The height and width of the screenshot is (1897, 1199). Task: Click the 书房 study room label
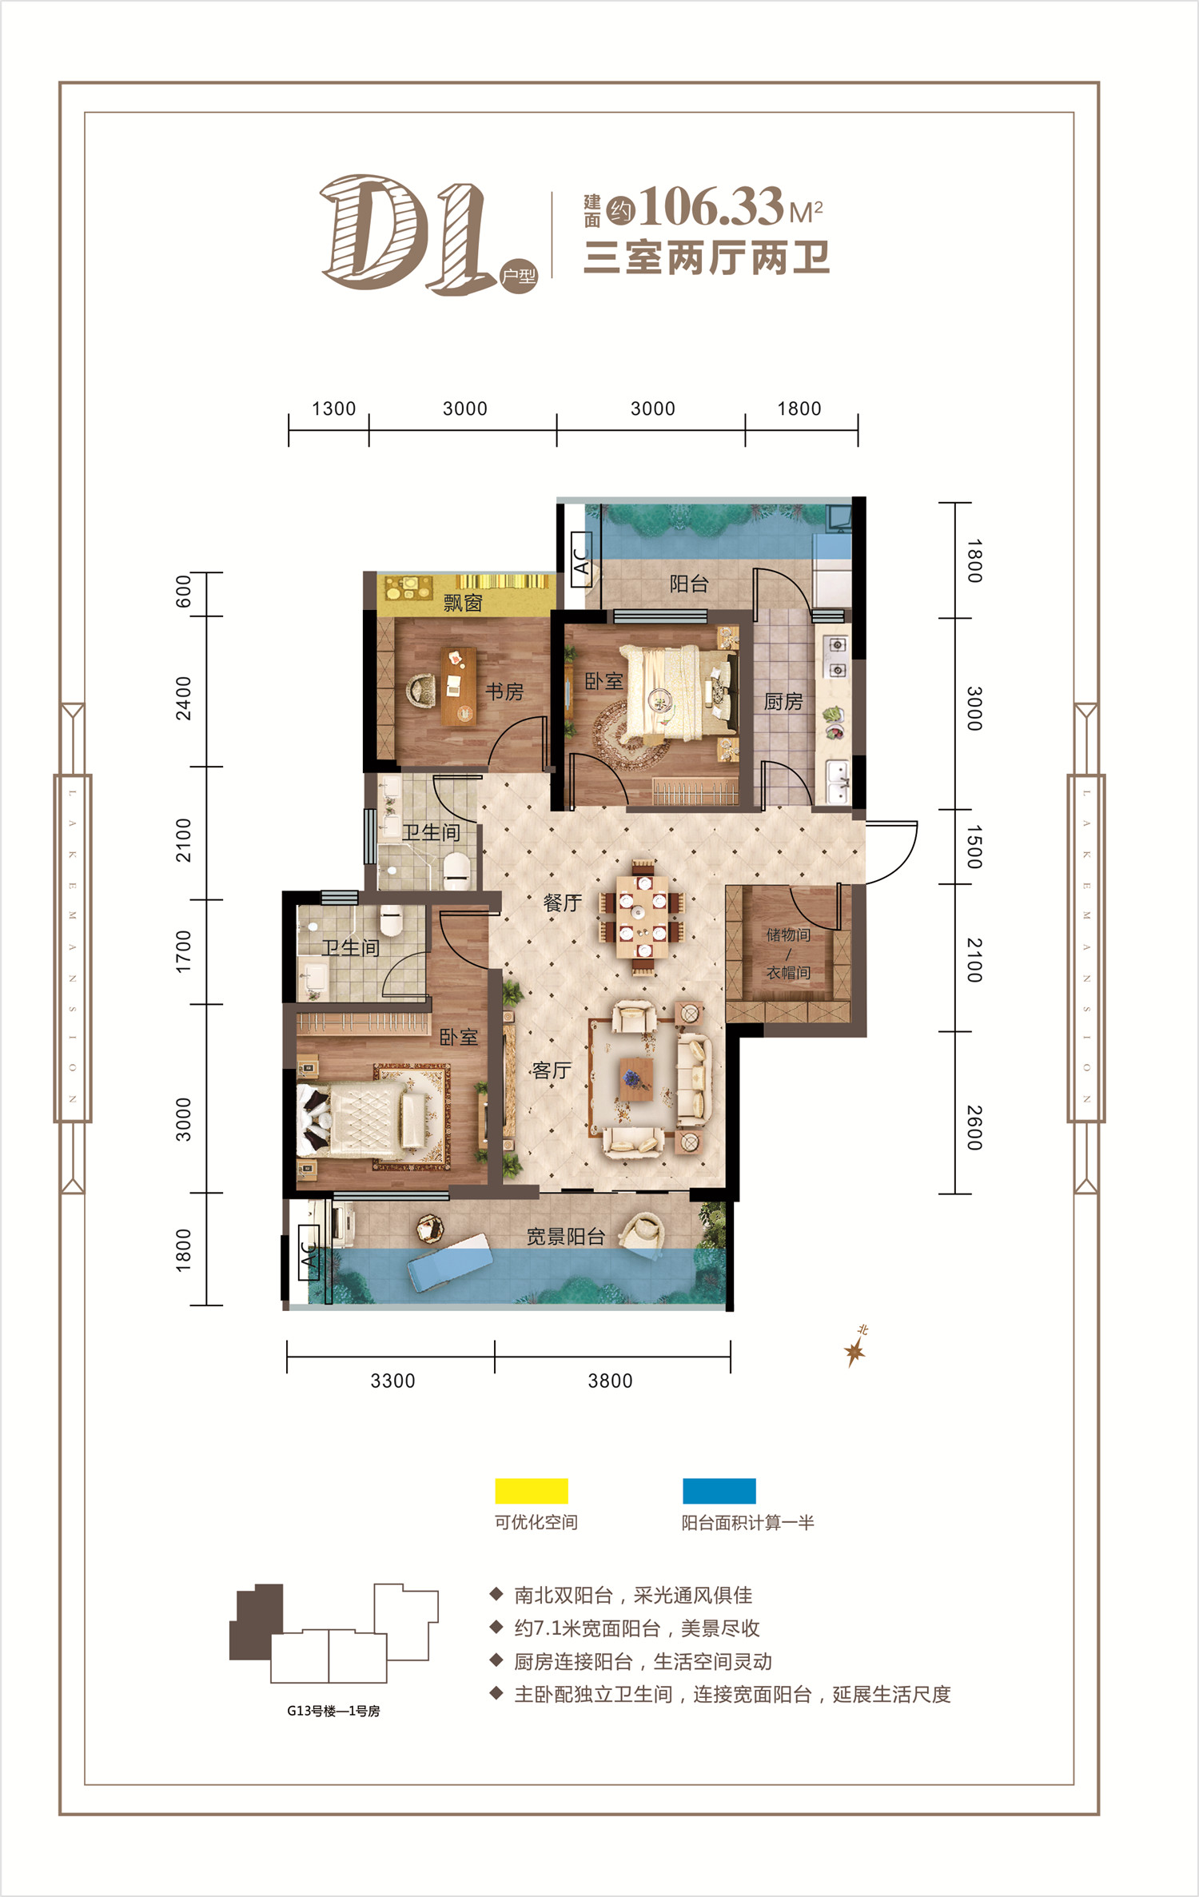click(504, 691)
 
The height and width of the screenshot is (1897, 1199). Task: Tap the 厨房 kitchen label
click(783, 702)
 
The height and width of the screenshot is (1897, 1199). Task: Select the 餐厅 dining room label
click(562, 903)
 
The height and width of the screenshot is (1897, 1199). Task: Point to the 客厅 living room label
click(551, 1070)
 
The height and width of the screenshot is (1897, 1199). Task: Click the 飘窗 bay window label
click(463, 603)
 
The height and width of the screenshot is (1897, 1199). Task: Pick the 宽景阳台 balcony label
click(565, 1237)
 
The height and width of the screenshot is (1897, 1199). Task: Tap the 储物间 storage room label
click(788, 935)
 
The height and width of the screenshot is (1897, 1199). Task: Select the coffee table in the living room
click(638, 1079)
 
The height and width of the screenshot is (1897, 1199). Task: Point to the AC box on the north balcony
click(582, 560)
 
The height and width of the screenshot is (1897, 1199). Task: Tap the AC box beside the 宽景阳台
click(309, 1253)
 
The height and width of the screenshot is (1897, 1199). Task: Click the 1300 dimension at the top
click(333, 408)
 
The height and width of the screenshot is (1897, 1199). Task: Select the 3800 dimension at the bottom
click(610, 1381)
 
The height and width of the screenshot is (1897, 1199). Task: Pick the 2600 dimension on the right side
click(974, 1128)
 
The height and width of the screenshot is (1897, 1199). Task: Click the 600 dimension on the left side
click(184, 592)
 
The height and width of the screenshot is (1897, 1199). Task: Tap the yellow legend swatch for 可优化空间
click(532, 1491)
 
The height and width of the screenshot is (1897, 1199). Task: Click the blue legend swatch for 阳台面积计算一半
click(719, 1491)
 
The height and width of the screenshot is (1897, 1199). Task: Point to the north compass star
click(854, 1351)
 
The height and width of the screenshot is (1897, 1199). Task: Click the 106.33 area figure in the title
click(711, 207)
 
